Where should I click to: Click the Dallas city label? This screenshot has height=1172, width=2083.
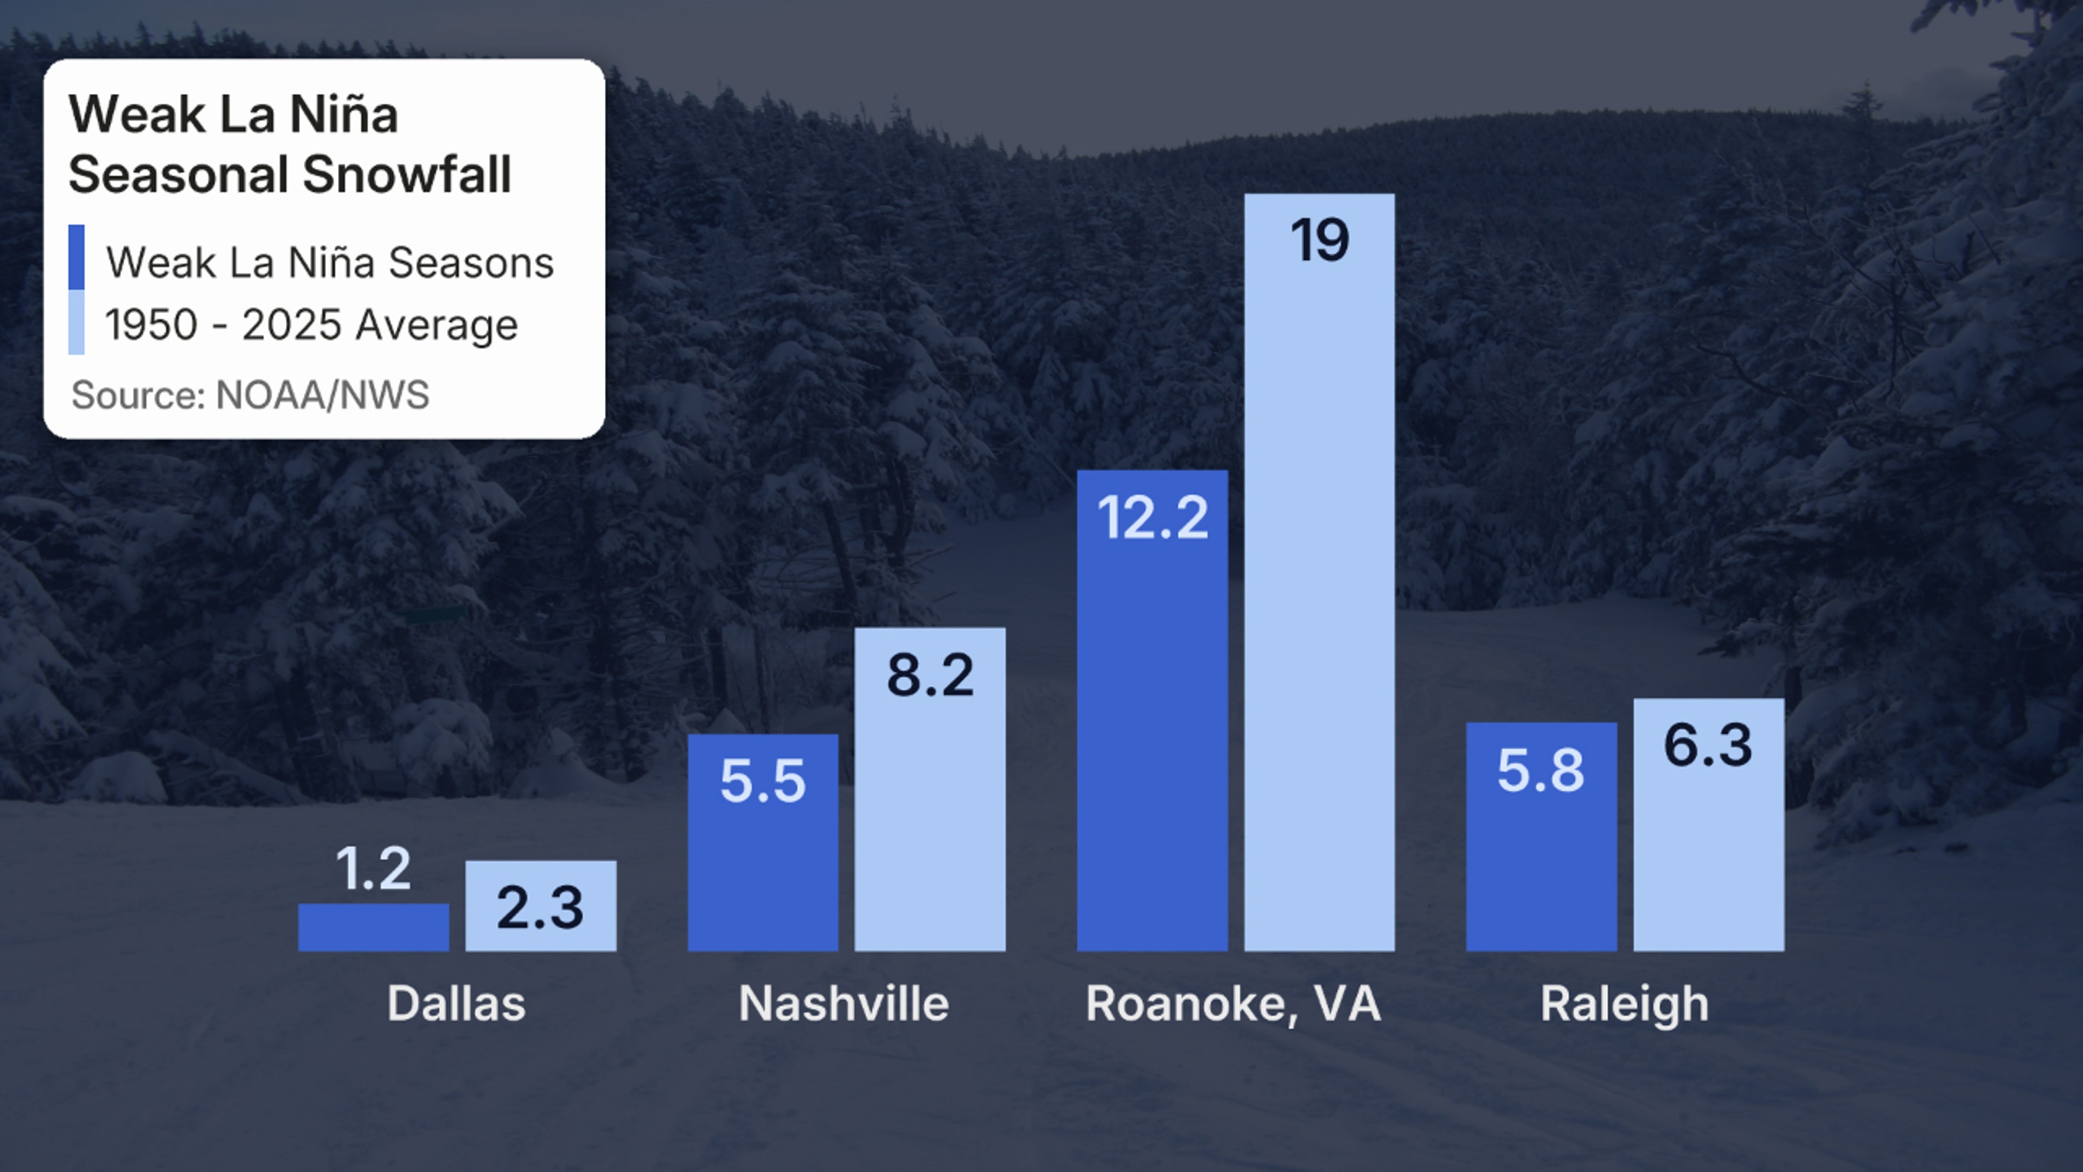coord(456,1004)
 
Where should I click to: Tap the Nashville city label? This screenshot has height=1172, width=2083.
coord(844,1004)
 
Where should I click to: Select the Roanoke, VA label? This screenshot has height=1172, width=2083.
coord(1233,1004)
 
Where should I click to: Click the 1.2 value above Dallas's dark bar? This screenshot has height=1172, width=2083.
coord(373,869)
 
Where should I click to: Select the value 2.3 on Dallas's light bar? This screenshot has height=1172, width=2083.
coord(540,908)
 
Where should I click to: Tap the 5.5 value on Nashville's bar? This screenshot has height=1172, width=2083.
coord(763,781)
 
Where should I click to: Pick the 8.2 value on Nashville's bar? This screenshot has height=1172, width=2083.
coord(930,676)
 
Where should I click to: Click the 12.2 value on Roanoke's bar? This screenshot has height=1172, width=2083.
coord(1152,518)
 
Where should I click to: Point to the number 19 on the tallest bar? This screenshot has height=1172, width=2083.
coord(1320,240)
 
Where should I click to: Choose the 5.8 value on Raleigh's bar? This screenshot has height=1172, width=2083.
coord(1541,770)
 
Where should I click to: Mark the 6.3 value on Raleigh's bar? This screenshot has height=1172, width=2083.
coord(1708,745)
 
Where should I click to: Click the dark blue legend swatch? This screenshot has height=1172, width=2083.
coord(77,257)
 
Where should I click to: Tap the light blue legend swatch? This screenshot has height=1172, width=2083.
coord(77,322)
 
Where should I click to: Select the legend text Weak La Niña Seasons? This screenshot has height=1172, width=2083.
coord(330,263)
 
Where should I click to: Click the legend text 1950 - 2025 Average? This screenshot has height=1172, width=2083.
coord(311,325)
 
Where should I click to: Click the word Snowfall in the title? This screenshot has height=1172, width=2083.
coord(407,174)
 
